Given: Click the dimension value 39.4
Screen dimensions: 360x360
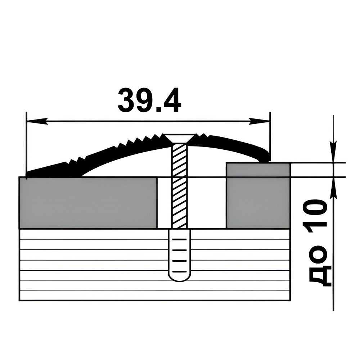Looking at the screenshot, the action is (149, 100).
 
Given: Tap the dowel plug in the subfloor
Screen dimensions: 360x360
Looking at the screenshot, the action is (180, 255).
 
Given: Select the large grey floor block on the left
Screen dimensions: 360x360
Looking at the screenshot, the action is (88, 203).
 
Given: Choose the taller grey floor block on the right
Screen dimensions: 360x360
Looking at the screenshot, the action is (258, 195).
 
